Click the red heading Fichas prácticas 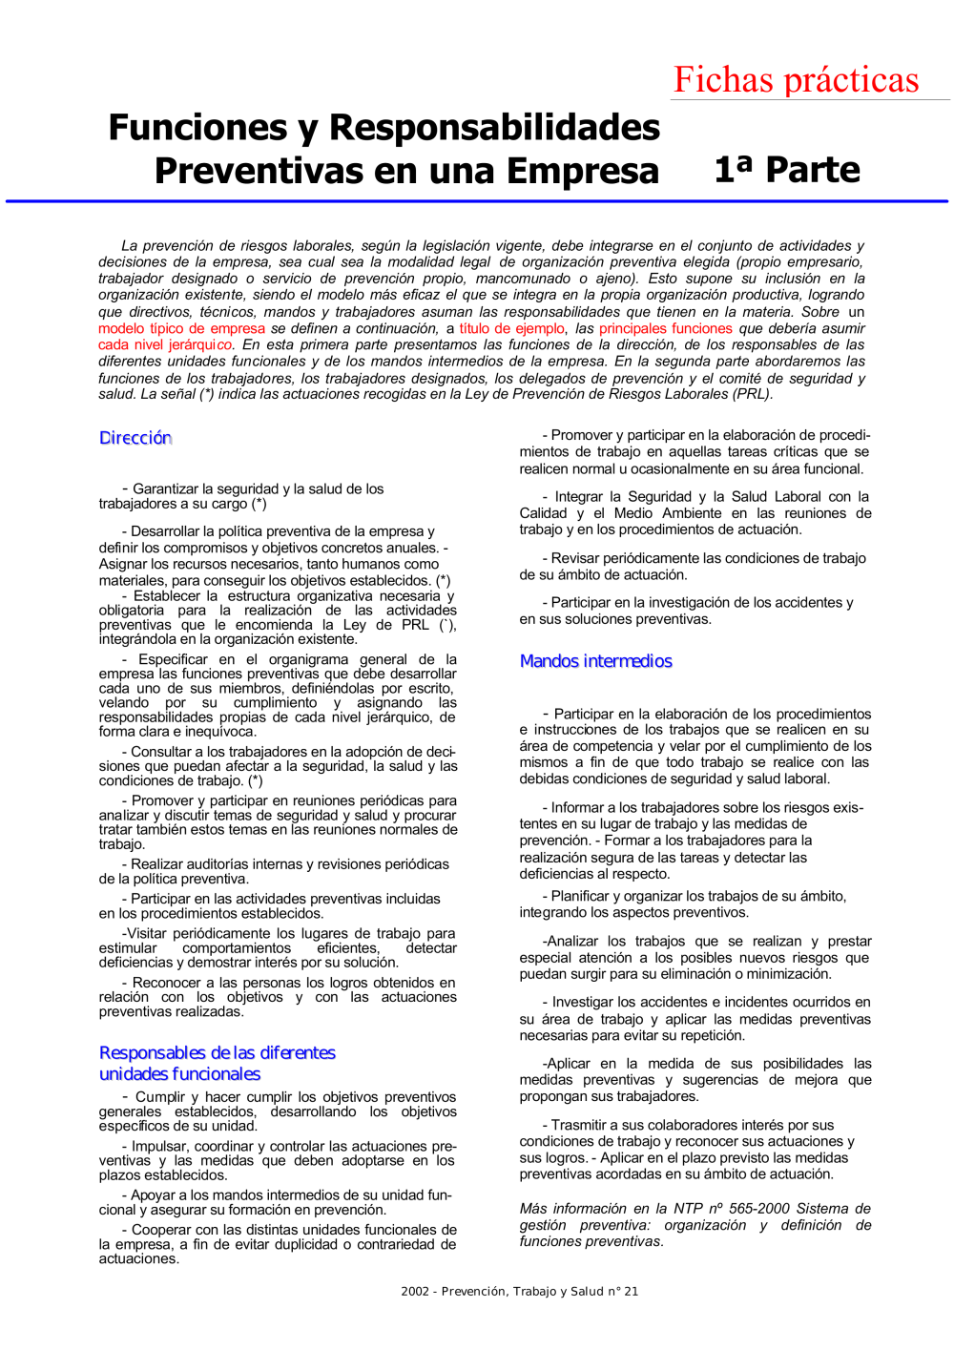(x=796, y=79)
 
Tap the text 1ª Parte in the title (x=787, y=170)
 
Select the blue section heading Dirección (x=135, y=438)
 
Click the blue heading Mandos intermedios (x=595, y=661)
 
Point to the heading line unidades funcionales (x=179, y=1074)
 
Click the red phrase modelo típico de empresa (x=181, y=328)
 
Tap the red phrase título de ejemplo (x=511, y=328)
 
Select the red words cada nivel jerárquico (x=164, y=344)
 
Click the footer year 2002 (x=414, y=1292)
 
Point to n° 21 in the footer (x=624, y=1292)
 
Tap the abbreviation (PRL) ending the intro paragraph (x=752, y=394)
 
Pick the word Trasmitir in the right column (x=583, y=1126)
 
